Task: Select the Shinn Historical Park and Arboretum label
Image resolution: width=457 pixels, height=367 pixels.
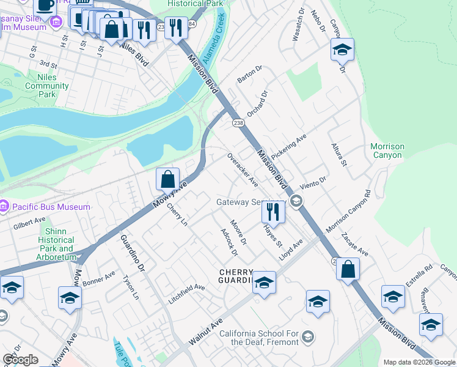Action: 56,240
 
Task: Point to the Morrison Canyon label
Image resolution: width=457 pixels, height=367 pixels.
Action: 387,150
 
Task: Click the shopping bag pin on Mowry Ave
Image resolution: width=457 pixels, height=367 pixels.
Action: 167,179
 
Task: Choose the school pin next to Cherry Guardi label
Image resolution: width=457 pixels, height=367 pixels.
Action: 264,282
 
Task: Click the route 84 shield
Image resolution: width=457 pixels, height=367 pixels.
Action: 192,24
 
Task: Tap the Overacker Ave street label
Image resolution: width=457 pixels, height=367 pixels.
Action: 243,170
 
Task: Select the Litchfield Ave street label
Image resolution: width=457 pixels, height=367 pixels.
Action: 187,294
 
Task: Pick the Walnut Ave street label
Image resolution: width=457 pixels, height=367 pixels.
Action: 205,334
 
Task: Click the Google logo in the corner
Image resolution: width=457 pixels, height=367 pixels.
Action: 20,360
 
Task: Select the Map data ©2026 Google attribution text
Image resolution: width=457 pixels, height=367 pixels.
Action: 419,361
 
